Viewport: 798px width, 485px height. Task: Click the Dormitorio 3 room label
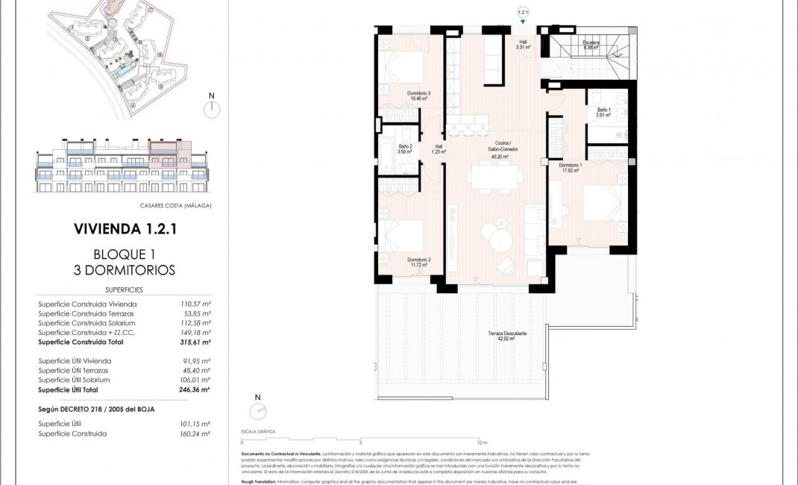click(419, 96)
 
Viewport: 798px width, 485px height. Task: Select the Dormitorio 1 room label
click(571, 167)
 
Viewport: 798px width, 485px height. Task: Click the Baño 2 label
click(406, 148)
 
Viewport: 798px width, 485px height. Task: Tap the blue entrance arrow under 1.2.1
click(522, 22)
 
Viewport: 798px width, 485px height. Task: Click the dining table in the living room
click(493, 177)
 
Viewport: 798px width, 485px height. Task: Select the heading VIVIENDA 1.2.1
click(125, 229)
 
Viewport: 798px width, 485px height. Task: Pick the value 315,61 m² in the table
click(195, 342)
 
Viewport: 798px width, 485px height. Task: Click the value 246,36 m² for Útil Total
click(195, 389)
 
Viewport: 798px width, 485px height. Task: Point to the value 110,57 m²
click(196, 304)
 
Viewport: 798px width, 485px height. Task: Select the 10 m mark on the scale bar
click(482, 441)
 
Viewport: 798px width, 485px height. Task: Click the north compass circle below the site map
click(212, 109)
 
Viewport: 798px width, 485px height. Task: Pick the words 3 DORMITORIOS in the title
click(125, 270)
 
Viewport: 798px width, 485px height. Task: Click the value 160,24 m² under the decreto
click(195, 433)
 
